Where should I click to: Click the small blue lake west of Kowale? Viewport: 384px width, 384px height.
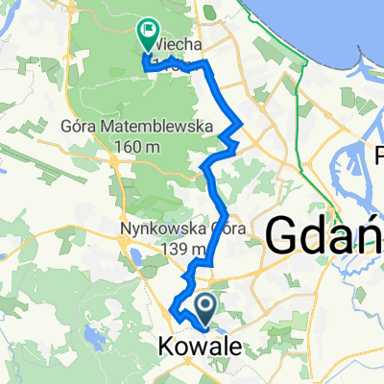point(93,335)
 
